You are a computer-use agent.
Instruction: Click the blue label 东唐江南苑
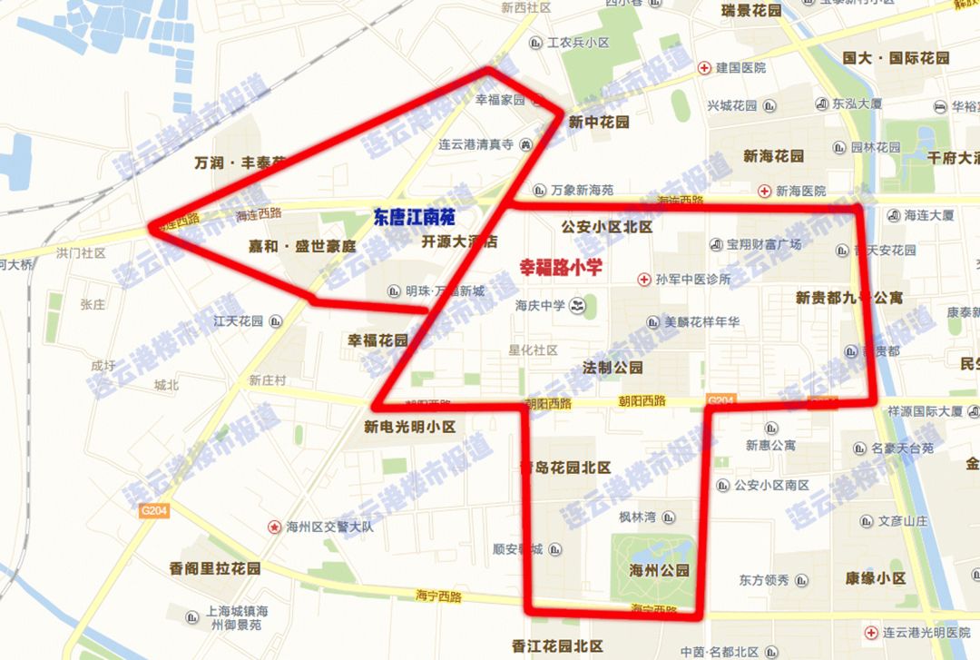click(x=414, y=218)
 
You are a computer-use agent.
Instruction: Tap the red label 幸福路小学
click(x=561, y=268)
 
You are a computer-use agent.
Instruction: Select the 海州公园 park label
click(x=660, y=571)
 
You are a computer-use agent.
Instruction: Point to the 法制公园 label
click(x=612, y=368)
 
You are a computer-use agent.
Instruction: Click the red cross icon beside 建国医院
click(x=704, y=68)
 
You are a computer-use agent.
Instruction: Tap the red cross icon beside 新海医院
click(x=765, y=191)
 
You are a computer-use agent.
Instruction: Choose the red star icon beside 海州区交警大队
click(x=273, y=527)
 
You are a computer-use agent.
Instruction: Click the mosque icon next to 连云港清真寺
click(x=525, y=144)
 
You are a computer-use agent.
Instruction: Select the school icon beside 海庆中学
click(x=577, y=306)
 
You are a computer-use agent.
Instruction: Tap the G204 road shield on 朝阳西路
click(x=720, y=400)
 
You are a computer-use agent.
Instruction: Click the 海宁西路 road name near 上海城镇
click(x=439, y=596)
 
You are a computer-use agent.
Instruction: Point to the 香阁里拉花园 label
click(x=215, y=568)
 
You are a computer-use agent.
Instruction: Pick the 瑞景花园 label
click(x=750, y=11)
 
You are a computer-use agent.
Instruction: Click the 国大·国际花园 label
click(x=896, y=58)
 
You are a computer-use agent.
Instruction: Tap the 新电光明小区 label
click(x=409, y=427)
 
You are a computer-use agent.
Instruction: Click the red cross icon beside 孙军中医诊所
click(x=644, y=279)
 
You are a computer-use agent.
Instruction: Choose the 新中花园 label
click(x=599, y=122)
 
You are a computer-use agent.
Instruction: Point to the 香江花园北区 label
click(x=557, y=646)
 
